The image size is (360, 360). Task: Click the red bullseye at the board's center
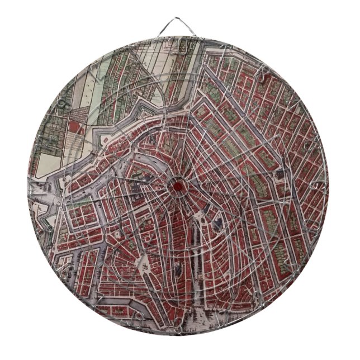tap(177, 185)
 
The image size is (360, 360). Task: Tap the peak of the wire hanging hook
tap(179, 20)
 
